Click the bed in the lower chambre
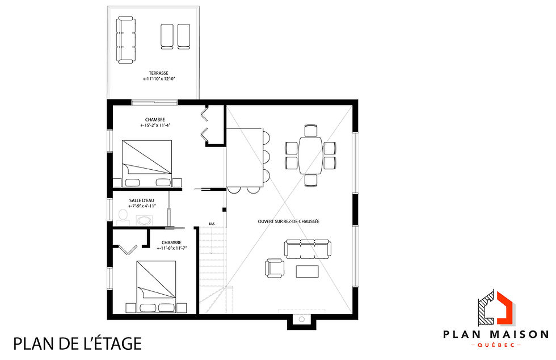pos(156,287)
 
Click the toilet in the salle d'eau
pos(122,215)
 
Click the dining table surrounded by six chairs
pos(310,155)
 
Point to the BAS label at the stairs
pos(212,223)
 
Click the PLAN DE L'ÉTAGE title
pos(77,344)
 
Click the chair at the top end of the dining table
pos(310,130)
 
